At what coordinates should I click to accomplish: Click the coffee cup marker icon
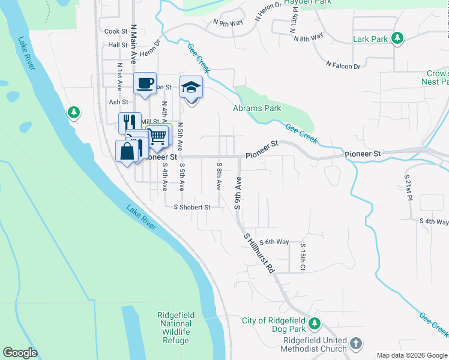coord(145,83)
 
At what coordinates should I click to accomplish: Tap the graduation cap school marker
coord(191,87)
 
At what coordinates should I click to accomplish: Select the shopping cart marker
coord(157,136)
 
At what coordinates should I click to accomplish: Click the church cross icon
coord(356,343)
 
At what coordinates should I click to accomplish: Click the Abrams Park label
coord(257,109)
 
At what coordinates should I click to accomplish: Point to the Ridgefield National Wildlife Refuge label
coord(176,328)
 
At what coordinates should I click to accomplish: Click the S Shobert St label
coord(192,207)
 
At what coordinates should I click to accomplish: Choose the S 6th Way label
coord(274,242)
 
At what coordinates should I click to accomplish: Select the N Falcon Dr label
coord(343,64)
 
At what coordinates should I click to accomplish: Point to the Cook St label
coord(116,31)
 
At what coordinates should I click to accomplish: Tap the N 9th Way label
coord(228,23)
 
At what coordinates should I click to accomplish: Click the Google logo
coord(20,353)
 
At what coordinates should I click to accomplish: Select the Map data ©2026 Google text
coord(412,355)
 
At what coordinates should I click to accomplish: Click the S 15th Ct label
coord(303,256)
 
